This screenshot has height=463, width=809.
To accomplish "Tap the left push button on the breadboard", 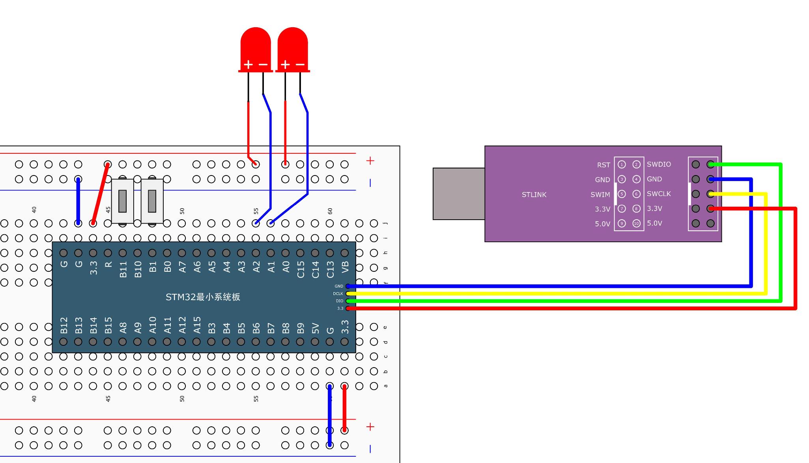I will click(x=122, y=201).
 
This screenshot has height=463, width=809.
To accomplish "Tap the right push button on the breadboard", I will click(x=152, y=201).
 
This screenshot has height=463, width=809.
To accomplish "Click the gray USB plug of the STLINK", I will click(x=459, y=194).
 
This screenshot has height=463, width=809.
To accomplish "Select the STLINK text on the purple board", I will click(x=534, y=194).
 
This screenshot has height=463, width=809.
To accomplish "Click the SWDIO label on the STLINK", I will click(x=658, y=164).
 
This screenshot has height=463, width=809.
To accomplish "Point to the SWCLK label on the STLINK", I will click(x=658, y=194).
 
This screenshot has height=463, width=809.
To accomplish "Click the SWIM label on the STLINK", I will click(x=600, y=194).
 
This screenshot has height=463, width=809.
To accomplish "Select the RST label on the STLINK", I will click(x=603, y=165).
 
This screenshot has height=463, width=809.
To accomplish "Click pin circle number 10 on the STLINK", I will click(x=636, y=223).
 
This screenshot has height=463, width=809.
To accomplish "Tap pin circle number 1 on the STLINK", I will click(x=622, y=164).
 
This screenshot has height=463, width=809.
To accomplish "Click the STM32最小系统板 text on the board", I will click(x=203, y=297).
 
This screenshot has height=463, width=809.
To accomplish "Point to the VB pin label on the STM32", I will click(x=345, y=267).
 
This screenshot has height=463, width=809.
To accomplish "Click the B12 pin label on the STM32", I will click(x=64, y=325).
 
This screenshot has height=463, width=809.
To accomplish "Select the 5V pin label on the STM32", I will click(x=315, y=328).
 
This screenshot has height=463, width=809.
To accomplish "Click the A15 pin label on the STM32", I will click(x=197, y=325).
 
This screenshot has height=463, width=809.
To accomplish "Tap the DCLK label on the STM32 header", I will click(x=338, y=294).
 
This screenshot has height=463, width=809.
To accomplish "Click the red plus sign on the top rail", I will click(x=370, y=161).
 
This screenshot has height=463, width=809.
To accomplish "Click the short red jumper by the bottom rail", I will click(x=345, y=408).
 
